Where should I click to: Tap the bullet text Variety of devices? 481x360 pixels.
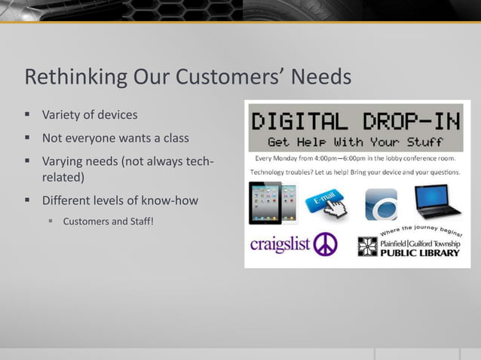click(x=90, y=115)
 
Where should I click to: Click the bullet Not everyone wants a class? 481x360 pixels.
click(x=115, y=139)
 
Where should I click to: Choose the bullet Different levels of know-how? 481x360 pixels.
click(x=120, y=201)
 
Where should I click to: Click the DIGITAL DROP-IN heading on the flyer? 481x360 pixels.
click(x=356, y=121)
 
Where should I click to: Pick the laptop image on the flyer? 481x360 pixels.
click(x=437, y=201)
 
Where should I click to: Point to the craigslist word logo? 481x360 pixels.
click(x=279, y=245)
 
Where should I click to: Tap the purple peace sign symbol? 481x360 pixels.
click(x=325, y=245)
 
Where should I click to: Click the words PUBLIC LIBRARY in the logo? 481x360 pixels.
click(x=419, y=253)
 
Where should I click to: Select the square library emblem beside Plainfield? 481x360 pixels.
click(x=367, y=246)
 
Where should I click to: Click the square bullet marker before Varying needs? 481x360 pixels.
click(x=26, y=161)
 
